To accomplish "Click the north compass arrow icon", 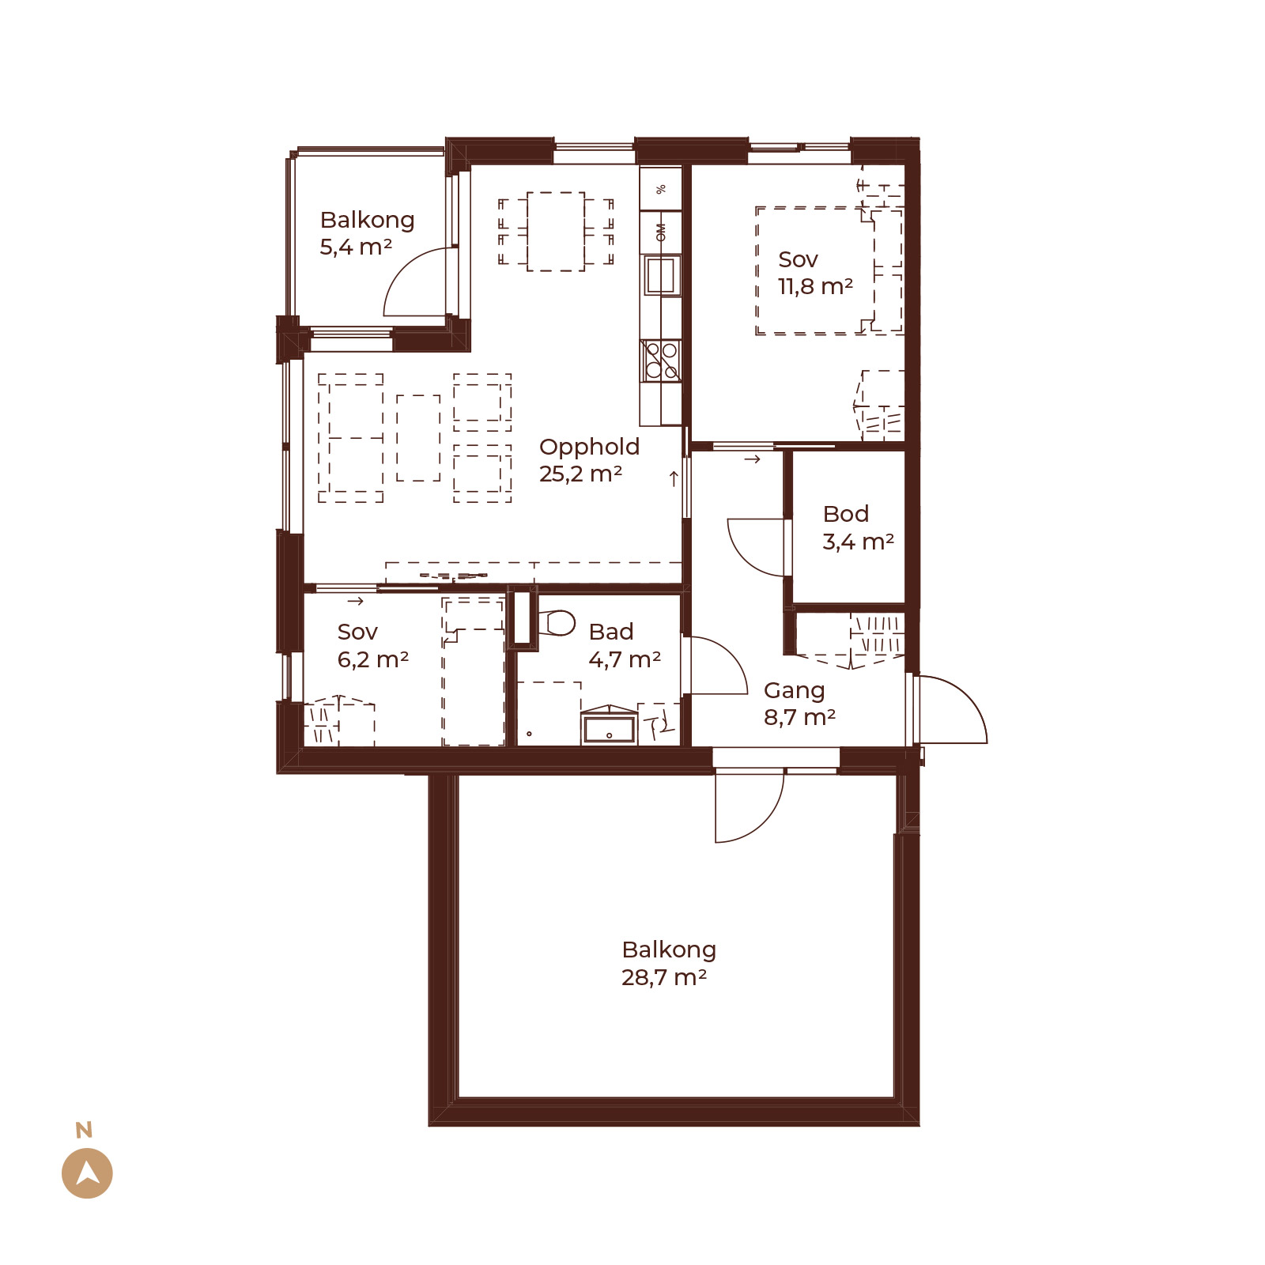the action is tap(87, 1172).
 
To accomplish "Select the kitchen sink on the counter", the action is tap(661, 274).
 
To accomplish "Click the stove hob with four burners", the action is tap(661, 360).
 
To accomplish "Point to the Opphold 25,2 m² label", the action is tap(589, 460).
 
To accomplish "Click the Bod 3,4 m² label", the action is tap(858, 527).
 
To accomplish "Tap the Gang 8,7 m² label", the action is tap(799, 704).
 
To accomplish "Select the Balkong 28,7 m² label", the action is tap(669, 963).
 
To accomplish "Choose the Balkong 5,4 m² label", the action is tap(367, 233).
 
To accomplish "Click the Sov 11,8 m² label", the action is tap(815, 273).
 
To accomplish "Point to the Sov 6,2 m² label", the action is tap(372, 645).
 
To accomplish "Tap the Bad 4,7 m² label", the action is tap(624, 645).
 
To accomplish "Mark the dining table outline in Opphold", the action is tap(556, 232).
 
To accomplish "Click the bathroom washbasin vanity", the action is tap(609, 725).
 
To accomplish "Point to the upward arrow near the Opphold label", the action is tap(674, 478).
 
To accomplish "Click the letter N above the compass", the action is tap(84, 1130).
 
